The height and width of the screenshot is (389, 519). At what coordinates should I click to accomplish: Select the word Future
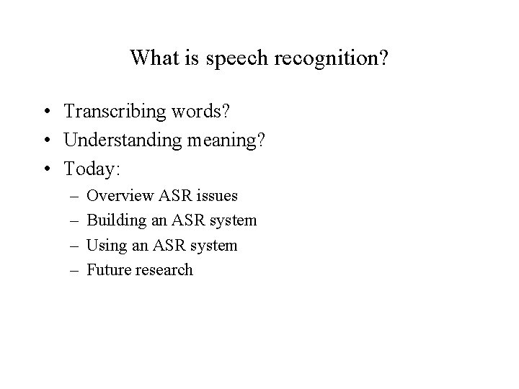tap(109, 270)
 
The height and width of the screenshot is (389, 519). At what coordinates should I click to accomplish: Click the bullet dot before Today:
tap(46, 169)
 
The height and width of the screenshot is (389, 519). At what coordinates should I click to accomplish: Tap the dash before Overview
tap(74, 196)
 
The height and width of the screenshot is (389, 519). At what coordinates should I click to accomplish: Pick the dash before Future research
tap(74, 271)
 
